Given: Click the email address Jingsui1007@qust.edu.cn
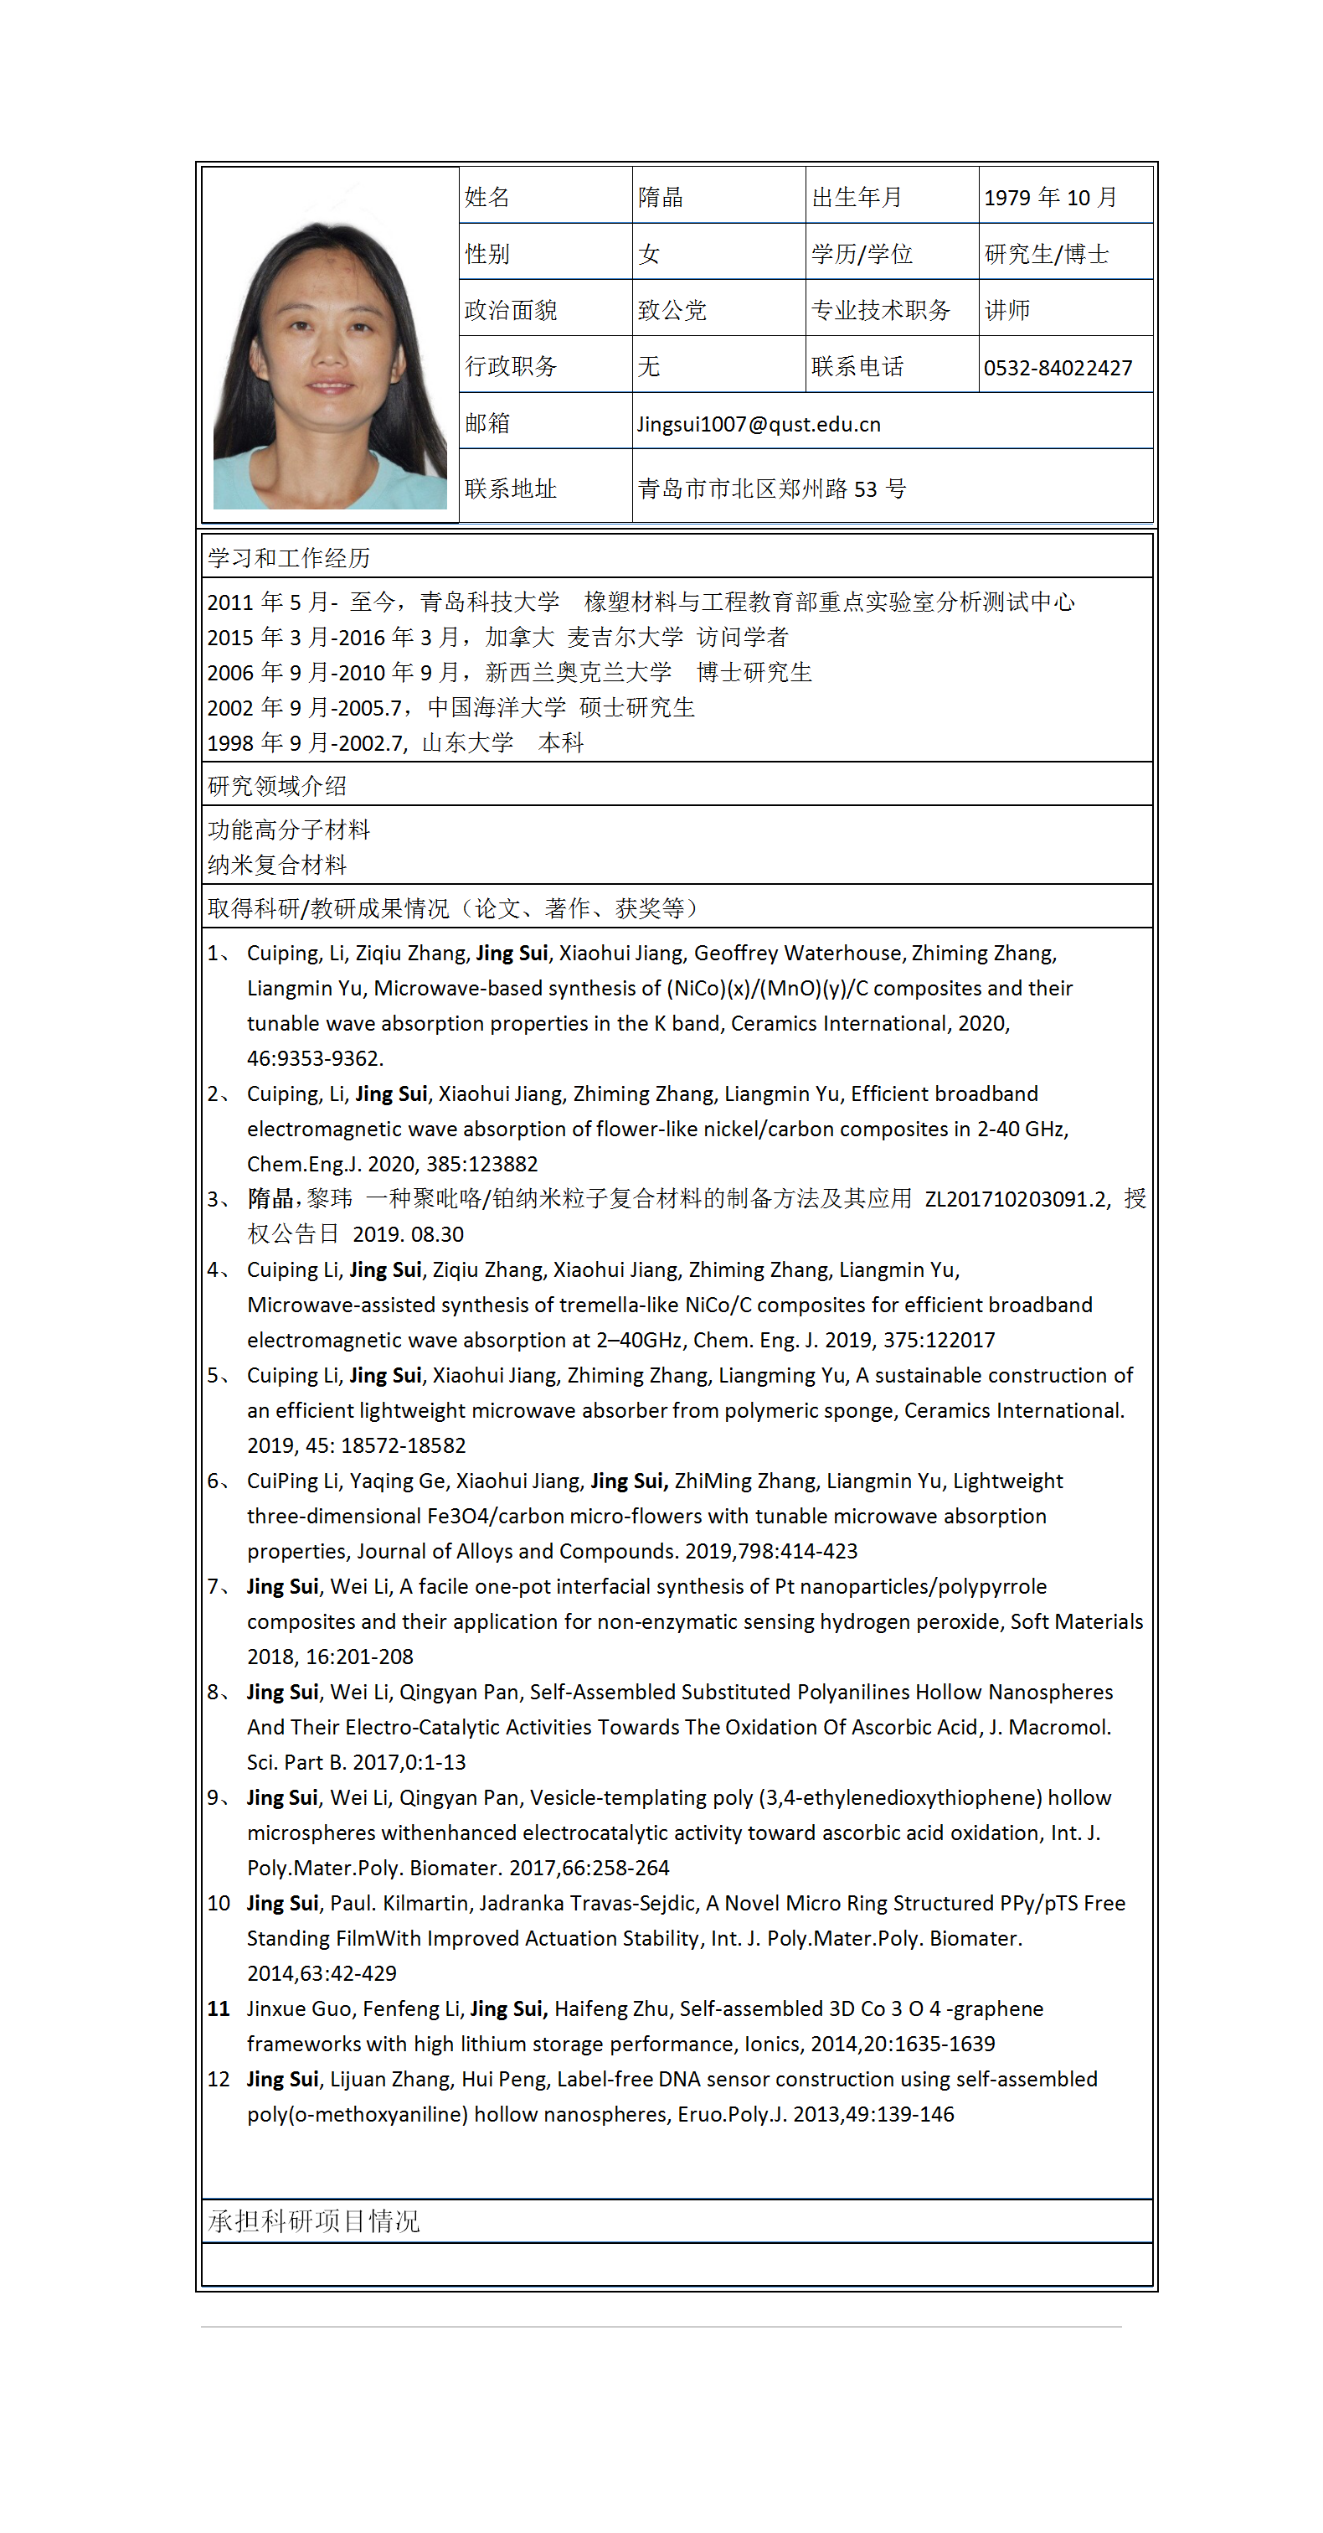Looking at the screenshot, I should point(758,424).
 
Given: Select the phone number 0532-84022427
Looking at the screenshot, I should point(1058,368).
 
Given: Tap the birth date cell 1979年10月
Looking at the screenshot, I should point(1050,198).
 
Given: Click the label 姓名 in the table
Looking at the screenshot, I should point(486,198).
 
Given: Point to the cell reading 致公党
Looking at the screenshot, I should point(672,311).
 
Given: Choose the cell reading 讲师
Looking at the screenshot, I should point(1007,311).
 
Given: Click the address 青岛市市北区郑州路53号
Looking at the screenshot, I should point(771,489).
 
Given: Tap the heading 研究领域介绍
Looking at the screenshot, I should point(277,786).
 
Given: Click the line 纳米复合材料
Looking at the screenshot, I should point(277,866).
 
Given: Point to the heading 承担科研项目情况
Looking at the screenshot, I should point(313,2220).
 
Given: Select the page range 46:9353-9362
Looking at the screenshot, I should point(315,1058).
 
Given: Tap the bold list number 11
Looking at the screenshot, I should point(219,2009).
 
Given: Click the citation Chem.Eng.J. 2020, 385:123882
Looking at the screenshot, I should point(392,1164).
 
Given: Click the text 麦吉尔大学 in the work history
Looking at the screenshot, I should point(625,637).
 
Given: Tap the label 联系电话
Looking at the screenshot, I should point(857,368).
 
